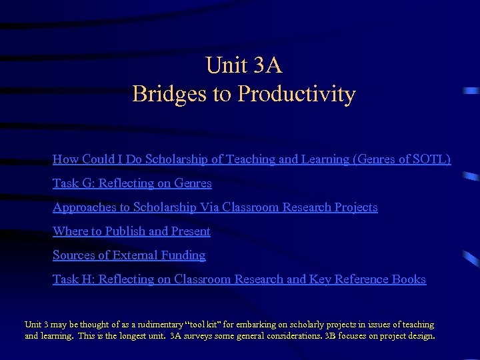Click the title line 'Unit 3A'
coord(244,65)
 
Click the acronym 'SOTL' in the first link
coord(431,159)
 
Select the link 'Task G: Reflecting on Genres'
coord(132,183)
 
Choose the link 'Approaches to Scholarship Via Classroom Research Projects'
coord(215,207)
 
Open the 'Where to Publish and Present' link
coord(131,231)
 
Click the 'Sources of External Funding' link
coord(129,255)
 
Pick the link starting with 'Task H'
coord(239,279)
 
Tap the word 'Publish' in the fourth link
coord(125,231)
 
